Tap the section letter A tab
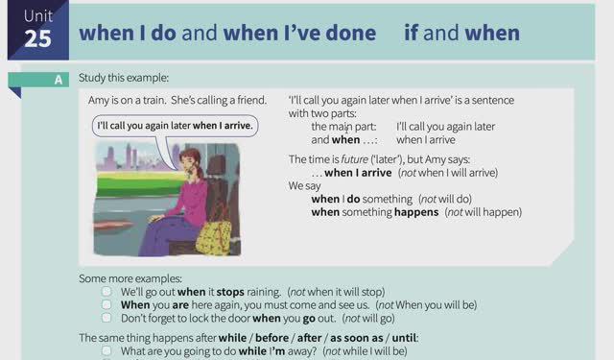59,80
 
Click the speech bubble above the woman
176,126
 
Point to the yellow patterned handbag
214,233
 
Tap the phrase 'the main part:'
344,126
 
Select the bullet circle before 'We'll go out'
106,291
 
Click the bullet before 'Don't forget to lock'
106,317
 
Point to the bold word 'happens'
415,212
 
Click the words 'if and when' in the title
461,33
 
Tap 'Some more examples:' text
130,278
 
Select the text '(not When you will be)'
428,304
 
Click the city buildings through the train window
126,157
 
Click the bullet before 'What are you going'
106,351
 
